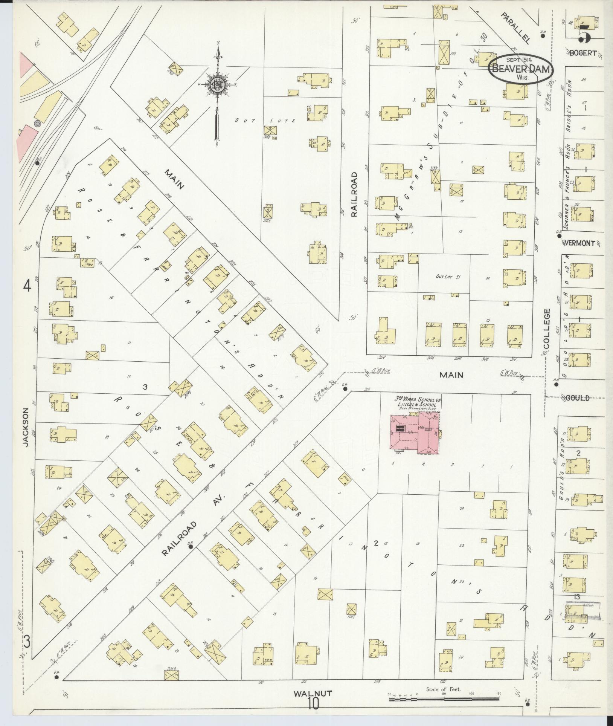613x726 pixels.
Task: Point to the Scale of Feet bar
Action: pyautogui.click(x=444, y=699)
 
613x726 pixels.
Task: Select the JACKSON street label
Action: pyautogui.click(x=26, y=428)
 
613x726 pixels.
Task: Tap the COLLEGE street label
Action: pyautogui.click(x=547, y=328)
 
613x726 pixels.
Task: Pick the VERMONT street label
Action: pyautogui.click(x=582, y=243)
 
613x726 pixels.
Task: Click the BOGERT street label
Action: pyautogui.click(x=583, y=53)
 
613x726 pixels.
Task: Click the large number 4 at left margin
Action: pyautogui.click(x=27, y=287)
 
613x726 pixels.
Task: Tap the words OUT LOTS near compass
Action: pyautogui.click(x=265, y=121)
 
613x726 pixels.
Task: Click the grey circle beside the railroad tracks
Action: pyautogui.click(x=37, y=123)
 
